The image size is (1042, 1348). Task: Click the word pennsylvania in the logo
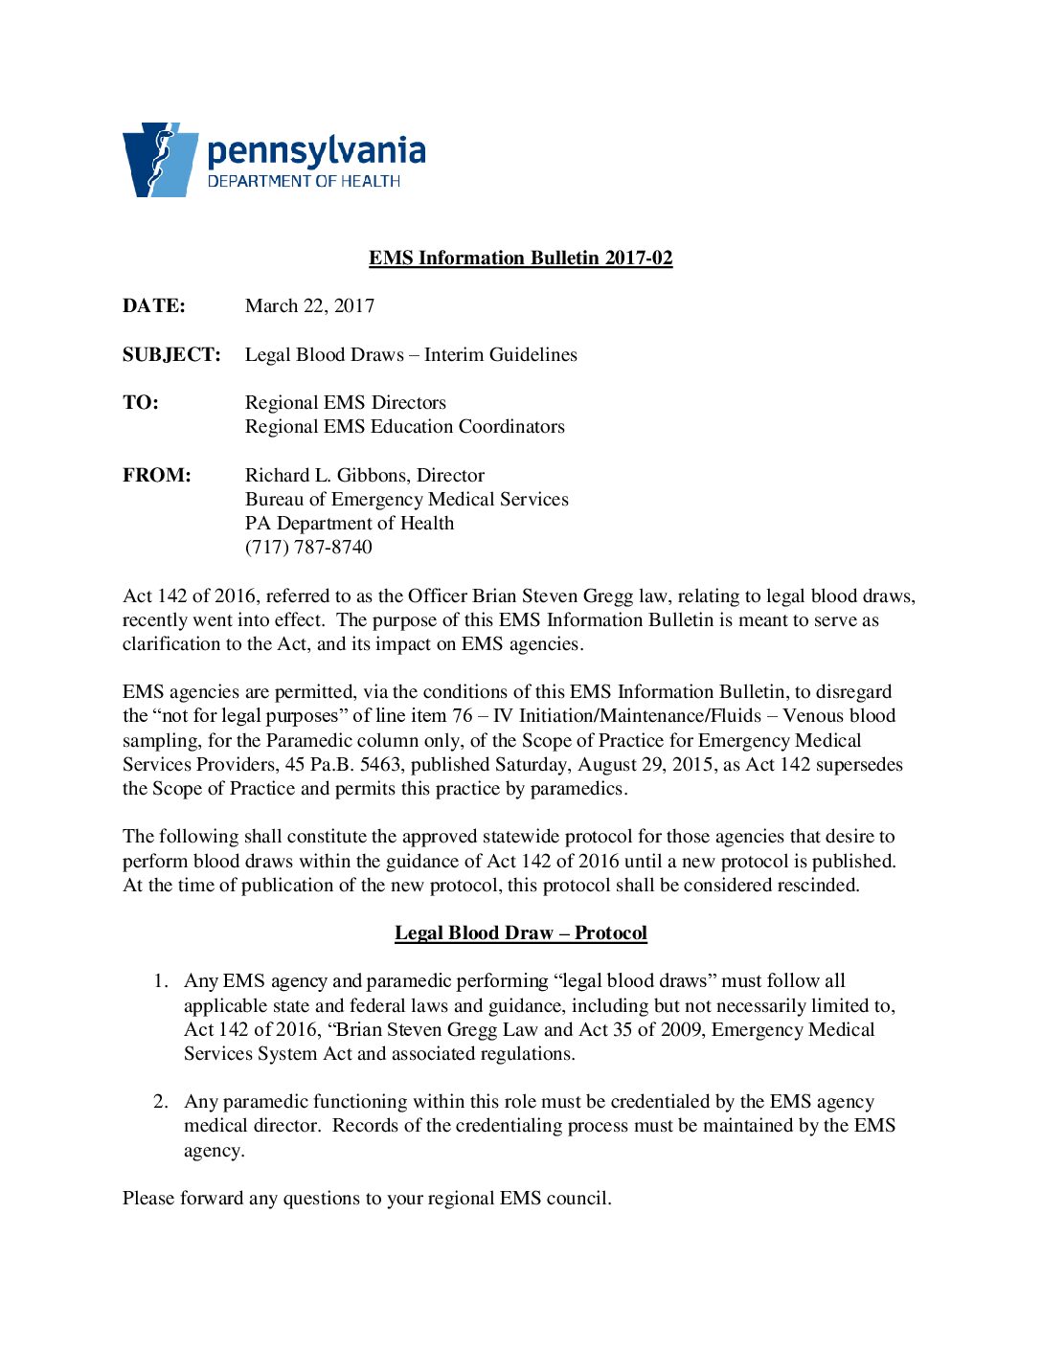(x=316, y=152)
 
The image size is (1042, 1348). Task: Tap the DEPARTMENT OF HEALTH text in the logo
(x=304, y=181)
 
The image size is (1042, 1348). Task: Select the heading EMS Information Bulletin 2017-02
(x=520, y=258)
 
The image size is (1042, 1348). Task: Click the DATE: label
(x=153, y=305)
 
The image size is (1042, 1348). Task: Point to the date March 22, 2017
(x=309, y=305)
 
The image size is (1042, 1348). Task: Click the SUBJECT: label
(x=171, y=354)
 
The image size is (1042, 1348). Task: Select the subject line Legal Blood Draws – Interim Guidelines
(x=411, y=354)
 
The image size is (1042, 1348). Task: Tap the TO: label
(x=141, y=402)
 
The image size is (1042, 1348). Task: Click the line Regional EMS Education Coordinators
(x=404, y=426)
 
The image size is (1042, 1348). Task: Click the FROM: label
(x=156, y=475)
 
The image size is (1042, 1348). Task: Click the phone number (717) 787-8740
(x=308, y=547)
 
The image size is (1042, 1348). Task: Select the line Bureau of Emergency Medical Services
(x=406, y=499)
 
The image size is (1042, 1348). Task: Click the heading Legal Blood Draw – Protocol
(x=520, y=932)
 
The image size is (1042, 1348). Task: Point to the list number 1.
(x=161, y=980)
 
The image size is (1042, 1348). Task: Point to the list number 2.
(x=161, y=1101)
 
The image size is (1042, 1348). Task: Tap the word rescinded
(x=810, y=885)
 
